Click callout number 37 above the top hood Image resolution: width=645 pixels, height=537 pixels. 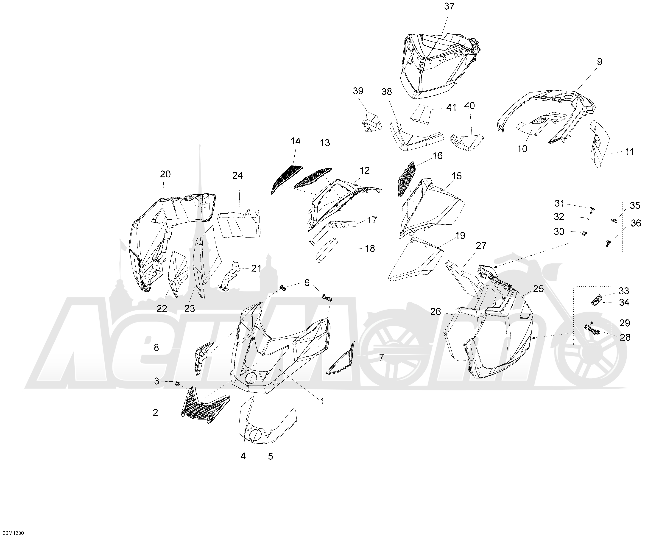pyautogui.click(x=449, y=6)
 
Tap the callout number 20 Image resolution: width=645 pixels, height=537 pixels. pyautogui.click(x=165, y=174)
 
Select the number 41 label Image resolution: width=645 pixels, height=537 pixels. pyautogui.click(x=451, y=108)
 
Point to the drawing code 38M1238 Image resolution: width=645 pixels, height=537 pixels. pyautogui.click(x=12, y=533)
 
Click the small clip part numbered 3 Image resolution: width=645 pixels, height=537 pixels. pyautogui.click(x=177, y=384)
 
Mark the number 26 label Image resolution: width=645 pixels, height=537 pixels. pyautogui.click(x=436, y=312)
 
